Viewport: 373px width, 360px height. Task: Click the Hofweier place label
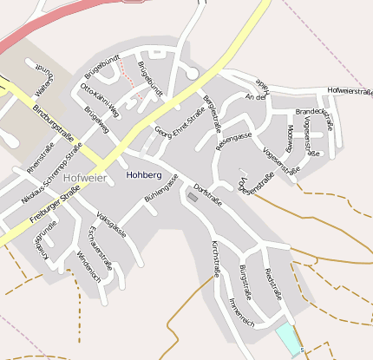pos(85,178)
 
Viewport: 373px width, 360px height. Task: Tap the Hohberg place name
pos(144,174)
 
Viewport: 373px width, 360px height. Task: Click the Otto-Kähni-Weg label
pos(100,100)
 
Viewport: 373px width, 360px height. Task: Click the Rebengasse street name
pos(233,137)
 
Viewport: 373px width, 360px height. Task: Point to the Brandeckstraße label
pos(315,112)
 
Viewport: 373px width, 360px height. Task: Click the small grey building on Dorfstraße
pos(193,199)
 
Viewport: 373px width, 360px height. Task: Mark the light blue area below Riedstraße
pos(285,337)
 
